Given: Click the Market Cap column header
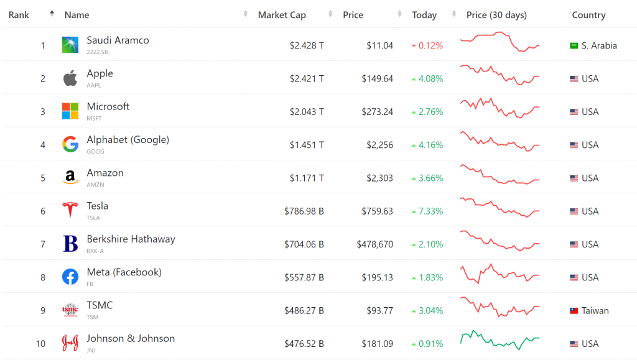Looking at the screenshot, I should (282, 15).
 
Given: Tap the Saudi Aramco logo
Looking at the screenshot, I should (70, 45).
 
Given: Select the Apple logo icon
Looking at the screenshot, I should (70, 78).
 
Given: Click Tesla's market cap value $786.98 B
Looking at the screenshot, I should (304, 211).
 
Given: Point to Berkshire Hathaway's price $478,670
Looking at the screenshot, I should (374, 244).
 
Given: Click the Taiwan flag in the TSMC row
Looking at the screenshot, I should (574, 311).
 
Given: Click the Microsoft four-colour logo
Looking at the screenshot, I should (70, 111).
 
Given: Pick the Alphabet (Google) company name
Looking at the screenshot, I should (128, 140).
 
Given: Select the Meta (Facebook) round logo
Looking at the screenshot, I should (70, 277).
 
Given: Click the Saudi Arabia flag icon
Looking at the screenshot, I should (574, 45).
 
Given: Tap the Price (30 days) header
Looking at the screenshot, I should (496, 15).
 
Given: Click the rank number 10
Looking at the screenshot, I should (40, 344).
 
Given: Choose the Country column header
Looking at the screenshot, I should (588, 15).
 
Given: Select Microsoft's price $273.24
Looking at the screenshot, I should (378, 112).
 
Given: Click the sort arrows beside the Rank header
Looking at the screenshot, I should (52, 14).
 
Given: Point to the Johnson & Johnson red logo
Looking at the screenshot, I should (70, 343).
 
